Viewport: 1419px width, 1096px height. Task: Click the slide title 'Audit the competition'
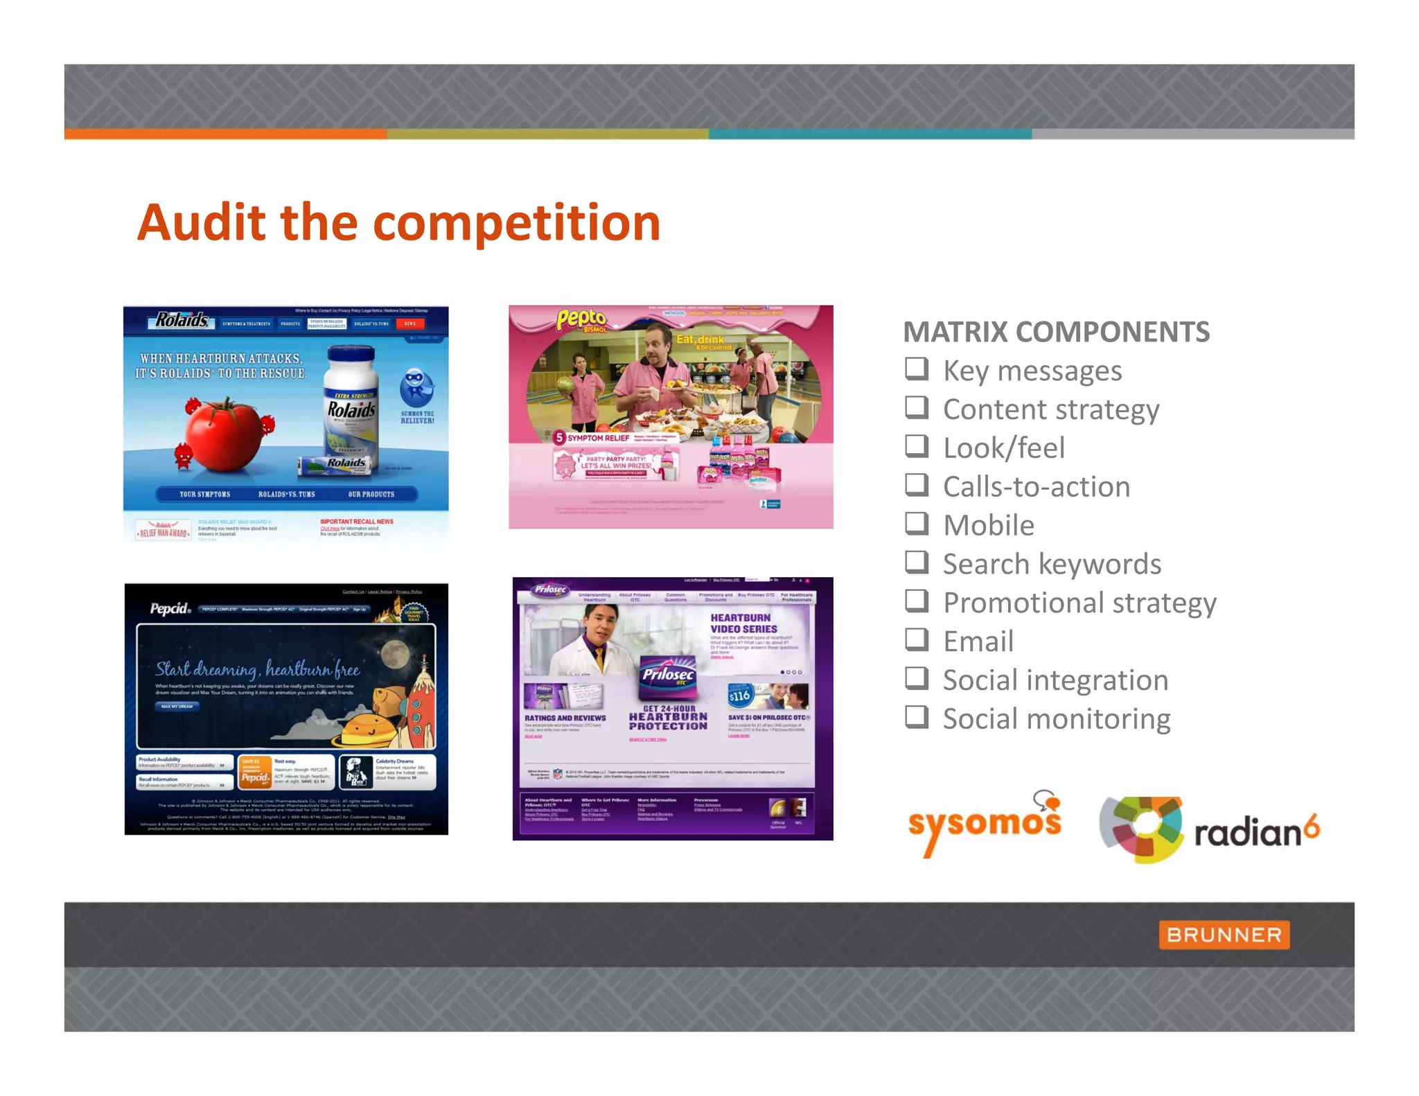[x=398, y=223]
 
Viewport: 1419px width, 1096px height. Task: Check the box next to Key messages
[x=916, y=369]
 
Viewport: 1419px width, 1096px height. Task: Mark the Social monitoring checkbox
[x=916, y=716]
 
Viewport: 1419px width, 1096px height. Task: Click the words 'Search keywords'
[x=1052, y=564]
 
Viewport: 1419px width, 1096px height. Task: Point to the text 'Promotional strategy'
[x=1079, y=603]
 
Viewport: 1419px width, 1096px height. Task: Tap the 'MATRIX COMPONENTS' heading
[x=1056, y=332]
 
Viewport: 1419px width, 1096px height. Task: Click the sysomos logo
[x=985, y=824]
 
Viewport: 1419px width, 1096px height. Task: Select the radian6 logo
[x=1209, y=829]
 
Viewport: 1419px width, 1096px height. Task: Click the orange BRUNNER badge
[x=1224, y=935]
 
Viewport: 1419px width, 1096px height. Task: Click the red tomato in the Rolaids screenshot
[x=226, y=433]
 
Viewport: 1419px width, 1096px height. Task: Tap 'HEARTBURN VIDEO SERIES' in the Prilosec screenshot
[x=743, y=623]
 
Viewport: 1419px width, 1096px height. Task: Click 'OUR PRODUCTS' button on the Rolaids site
[x=371, y=494]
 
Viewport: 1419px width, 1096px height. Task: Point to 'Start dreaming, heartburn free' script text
[x=257, y=669]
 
